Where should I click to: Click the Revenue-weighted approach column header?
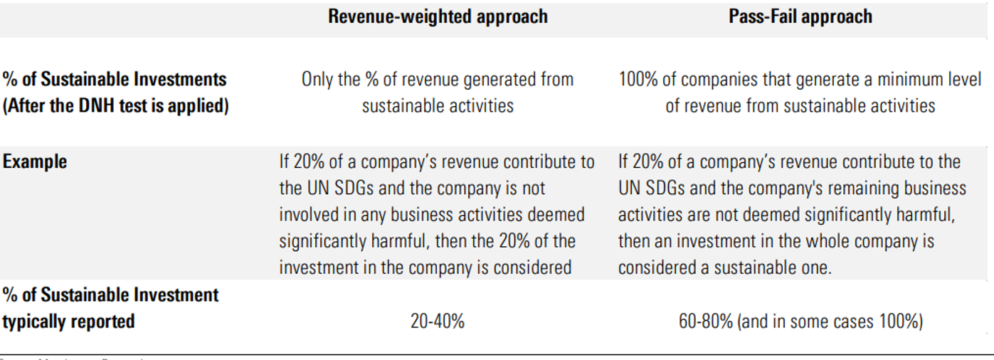[438, 17]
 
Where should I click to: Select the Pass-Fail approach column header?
[800, 17]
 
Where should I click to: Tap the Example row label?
[35, 162]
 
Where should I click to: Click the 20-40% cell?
[437, 322]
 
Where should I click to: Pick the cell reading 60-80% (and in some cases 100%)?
[800, 322]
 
